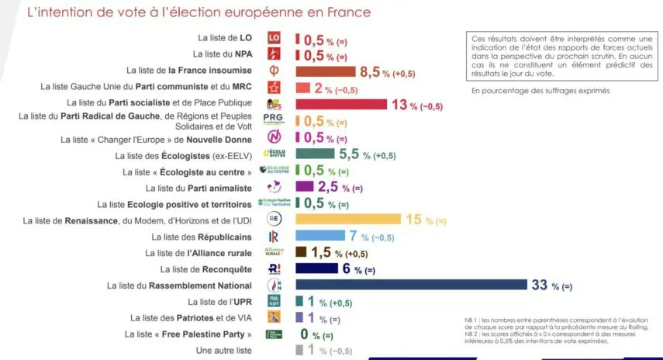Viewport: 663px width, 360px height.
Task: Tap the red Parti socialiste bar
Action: (x=340, y=105)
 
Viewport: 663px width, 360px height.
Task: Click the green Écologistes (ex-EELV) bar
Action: (x=314, y=154)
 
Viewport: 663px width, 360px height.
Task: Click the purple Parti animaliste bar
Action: (x=304, y=187)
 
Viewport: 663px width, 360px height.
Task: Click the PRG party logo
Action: (x=274, y=120)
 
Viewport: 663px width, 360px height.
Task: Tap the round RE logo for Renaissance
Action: (x=273, y=220)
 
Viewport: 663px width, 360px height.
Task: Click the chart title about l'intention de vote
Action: (x=199, y=12)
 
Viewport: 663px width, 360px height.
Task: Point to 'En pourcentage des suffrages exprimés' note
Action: (x=540, y=91)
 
